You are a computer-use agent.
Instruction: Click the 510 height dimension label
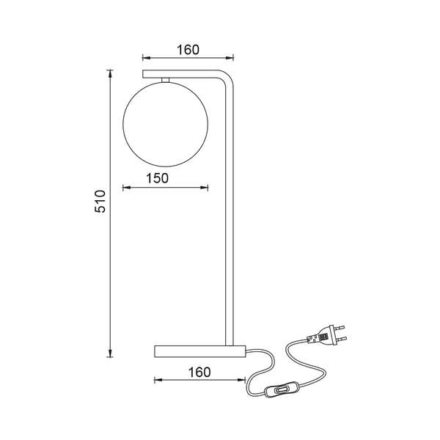[100, 201]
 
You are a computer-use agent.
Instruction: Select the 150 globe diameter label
[158, 178]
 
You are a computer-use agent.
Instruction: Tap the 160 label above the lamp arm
[188, 50]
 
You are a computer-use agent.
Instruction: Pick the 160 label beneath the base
[199, 373]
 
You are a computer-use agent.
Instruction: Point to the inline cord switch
[281, 389]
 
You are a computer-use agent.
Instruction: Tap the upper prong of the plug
[340, 327]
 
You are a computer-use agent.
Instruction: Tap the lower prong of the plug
[342, 339]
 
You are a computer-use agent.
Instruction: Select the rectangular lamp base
[200, 351]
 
